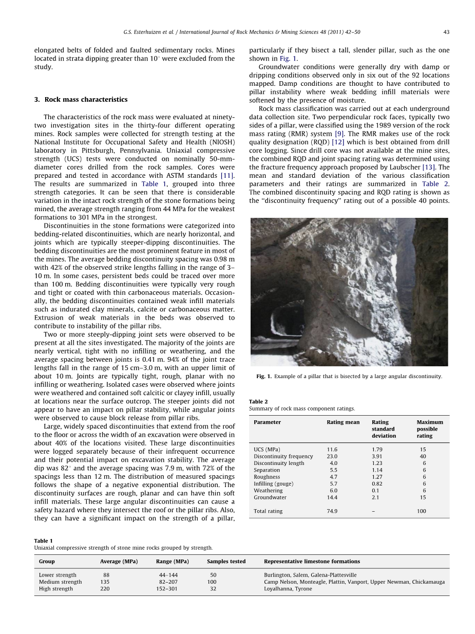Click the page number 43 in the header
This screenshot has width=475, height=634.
tap(446, 32)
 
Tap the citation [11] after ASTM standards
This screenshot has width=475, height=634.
tap(226, 175)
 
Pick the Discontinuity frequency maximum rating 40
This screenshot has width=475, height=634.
tap(423, 456)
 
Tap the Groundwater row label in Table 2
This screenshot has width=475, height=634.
tap(270, 497)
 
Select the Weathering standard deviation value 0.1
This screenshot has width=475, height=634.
tap(376, 491)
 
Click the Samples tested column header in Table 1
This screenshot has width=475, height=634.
tap(226, 562)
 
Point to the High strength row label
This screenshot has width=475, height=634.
tap(56, 589)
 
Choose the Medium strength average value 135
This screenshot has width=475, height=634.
tap(105, 582)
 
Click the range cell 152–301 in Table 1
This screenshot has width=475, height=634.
tap(167, 589)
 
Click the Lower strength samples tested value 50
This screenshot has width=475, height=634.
tap(213, 575)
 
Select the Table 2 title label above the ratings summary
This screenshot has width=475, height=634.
tap(258, 402)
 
